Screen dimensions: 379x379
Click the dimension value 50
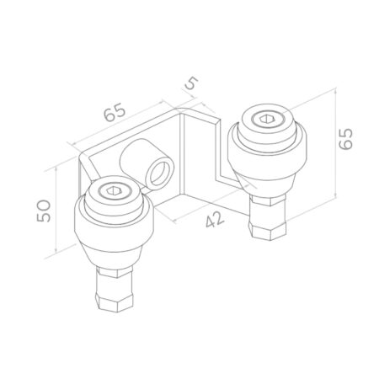(44, 211)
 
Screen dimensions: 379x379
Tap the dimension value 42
(215, 219)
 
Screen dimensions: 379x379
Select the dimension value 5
(192, 83)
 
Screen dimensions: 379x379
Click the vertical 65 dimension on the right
(345, 139)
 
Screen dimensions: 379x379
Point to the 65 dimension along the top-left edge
(115, 112)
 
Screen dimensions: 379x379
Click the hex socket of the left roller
(112, 191)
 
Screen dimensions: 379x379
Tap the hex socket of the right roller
(265, 120)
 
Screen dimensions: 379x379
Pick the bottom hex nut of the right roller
(268, 230)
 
